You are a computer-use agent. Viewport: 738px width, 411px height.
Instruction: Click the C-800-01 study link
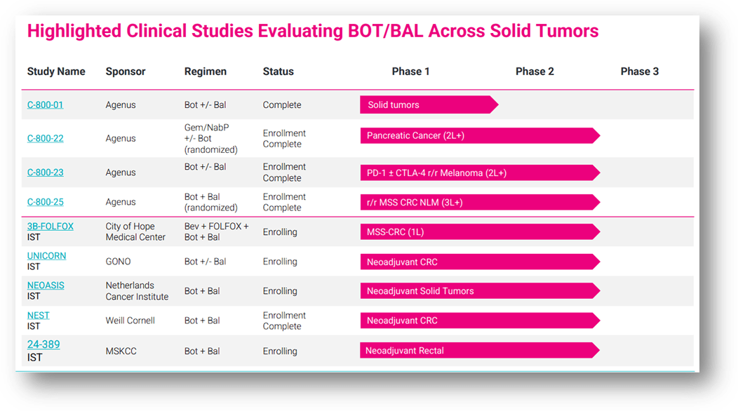45,105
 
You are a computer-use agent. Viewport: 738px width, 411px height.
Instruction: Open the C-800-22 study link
45,139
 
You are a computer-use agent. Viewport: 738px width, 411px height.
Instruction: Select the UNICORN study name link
46,256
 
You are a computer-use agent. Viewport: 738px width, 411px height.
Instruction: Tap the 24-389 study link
43,344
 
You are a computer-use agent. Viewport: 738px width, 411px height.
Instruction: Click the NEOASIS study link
46,285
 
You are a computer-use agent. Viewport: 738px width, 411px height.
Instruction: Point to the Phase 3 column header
639,72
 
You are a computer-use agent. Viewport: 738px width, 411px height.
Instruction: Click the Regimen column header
205,72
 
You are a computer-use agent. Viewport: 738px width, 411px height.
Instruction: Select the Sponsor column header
126,72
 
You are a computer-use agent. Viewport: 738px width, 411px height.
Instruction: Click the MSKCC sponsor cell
122,351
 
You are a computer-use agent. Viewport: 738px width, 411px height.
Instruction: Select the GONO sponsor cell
118,262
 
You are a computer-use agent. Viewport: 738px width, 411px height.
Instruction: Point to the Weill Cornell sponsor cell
130,321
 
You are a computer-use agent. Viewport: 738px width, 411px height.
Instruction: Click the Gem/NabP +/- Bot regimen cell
210,139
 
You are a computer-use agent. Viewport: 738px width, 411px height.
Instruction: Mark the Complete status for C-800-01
282,105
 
